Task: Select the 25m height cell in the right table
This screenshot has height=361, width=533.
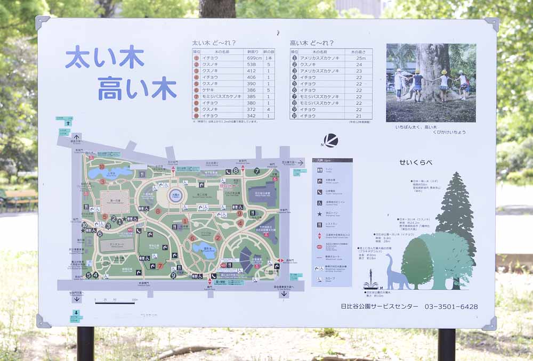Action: tap(361, 58)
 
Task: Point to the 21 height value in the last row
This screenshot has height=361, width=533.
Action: tap(359, 116)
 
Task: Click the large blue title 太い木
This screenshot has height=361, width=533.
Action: tap(105, 58)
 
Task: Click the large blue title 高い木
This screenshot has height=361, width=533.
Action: tap(137, 88)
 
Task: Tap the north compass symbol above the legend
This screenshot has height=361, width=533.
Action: tap(330, 141)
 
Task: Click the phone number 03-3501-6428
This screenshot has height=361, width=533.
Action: tap(451, 307)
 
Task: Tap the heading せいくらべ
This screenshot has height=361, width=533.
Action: tap(416, 162)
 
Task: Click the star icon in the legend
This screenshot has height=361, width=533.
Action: tap(320, 214)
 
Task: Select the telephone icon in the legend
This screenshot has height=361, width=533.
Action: tap(320, 191)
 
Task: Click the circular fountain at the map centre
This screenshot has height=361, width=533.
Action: tap(175, 195)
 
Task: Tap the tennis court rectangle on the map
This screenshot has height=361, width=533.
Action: tap(117, 245)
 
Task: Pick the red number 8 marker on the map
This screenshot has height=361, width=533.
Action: tap(158, 211)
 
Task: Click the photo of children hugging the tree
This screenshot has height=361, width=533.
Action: tap(431, 83)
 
